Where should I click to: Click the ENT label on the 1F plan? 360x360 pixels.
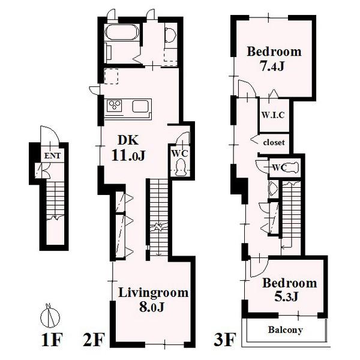pyautogui.click(x=52, y=156)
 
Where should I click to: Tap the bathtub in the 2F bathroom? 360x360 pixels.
pyautogui.click(x=122, y=32)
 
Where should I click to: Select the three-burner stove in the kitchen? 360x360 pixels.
pyautogui.click(x=115, y=106)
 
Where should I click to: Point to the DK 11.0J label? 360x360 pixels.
pyautogui.click(x=128, y=148)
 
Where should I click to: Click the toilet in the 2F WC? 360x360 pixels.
pyautogui.click(x=181, y=167)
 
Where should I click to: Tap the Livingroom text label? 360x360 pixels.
pyautogui.click(x=153, y=293)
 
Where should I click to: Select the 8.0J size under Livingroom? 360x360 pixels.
pyautogui.click(x=152, y=307)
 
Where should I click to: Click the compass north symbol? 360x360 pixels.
pyautogui.click(x=50, y=316)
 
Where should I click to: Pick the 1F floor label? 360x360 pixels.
pyautogui.click(x=52, y=340)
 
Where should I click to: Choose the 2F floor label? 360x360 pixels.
pyautogui.click(x=94, y=340)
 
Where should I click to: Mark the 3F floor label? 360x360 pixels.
pyautogui.click(x=225, y=340)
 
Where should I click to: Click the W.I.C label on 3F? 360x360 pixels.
pyautogui.click(x=273, y=115)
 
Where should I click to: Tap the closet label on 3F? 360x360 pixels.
pyautogui.click(x=274, y=143)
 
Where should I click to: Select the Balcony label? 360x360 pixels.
pyautogui.click(x=285, y=330)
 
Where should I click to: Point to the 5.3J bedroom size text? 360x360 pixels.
pyautogui.click(x=286, y=296)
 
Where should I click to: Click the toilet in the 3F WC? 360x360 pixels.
pyautogui.click(x=291, y=167)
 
